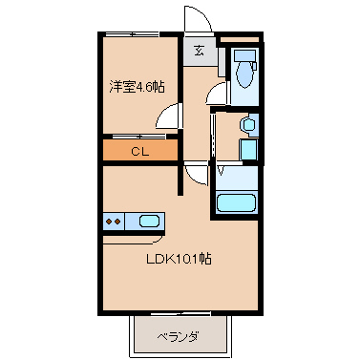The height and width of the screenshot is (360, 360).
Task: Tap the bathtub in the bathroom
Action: pos(238,202)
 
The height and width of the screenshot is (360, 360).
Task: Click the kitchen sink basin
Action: pos(149,222)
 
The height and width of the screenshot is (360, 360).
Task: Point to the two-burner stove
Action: pos(113,222)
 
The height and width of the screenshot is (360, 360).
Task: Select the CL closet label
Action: pos(139,151)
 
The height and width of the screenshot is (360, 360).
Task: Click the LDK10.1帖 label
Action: pos(179,260)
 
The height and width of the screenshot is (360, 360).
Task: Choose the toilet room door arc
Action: pos(217,93)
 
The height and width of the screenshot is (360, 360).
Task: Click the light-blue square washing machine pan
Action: pos(247,150)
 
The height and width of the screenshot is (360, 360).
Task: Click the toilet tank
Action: pos(243,54)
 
